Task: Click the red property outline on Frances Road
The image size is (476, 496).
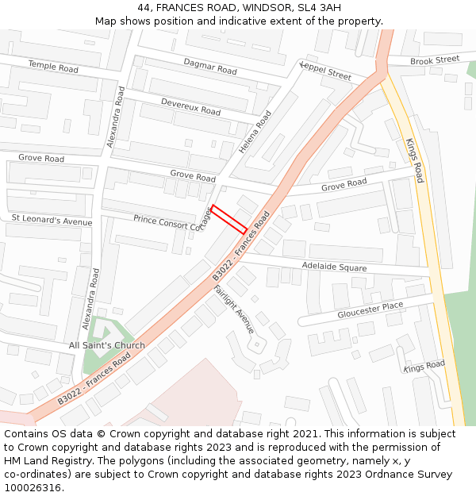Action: [228, 219]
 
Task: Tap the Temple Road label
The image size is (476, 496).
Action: [53, 67]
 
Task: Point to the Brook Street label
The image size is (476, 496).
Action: [435, 60]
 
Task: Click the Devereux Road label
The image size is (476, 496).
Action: [190, 106]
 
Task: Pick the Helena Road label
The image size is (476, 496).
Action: [255, 133]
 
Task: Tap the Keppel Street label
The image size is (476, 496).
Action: [325, 71]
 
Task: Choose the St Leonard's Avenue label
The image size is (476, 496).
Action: [52, 219]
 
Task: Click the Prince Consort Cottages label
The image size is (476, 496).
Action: [169, 221]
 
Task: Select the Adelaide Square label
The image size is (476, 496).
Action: [334, 267]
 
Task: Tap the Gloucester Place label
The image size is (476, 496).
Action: [370, 310]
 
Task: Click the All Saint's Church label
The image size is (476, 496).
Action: [107, 345]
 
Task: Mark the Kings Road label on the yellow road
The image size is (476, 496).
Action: [415, 160]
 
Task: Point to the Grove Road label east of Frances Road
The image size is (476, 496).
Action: [344, 185]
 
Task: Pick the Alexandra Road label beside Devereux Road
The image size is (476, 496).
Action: [116, 122]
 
